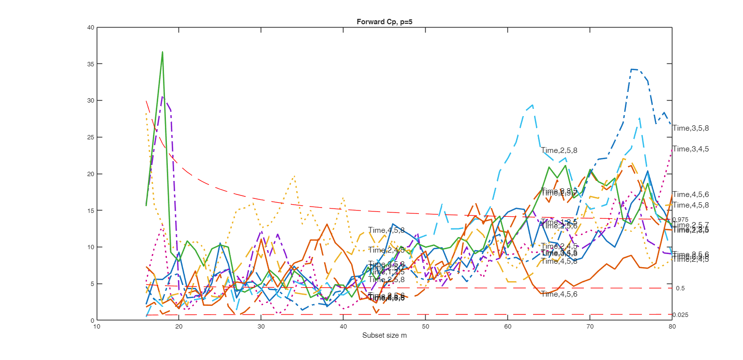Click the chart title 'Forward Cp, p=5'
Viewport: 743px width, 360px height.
[384, 22]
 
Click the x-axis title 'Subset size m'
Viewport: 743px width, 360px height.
[384, 335]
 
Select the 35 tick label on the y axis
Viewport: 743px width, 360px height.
[90, 64]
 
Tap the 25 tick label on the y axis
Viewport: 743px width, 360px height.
[90, 137]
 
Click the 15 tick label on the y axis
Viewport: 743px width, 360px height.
[90, 210]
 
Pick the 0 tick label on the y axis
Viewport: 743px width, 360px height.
[92, 320]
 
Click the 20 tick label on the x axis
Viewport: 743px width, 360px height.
[179, 327]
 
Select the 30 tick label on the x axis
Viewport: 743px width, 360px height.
[261, 327]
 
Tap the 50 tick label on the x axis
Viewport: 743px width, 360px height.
[426, 327]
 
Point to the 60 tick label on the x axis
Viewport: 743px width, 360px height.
[508, 327]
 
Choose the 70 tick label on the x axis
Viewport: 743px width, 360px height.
[590, 327]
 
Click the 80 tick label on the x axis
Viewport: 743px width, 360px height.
[672, 327]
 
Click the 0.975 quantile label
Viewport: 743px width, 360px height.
[681, 220]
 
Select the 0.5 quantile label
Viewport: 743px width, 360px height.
[681, 288]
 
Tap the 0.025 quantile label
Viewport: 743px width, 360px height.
[681, 315]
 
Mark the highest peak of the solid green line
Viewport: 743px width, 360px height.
[163, 52]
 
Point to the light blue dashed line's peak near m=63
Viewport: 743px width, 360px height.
[533, 105]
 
